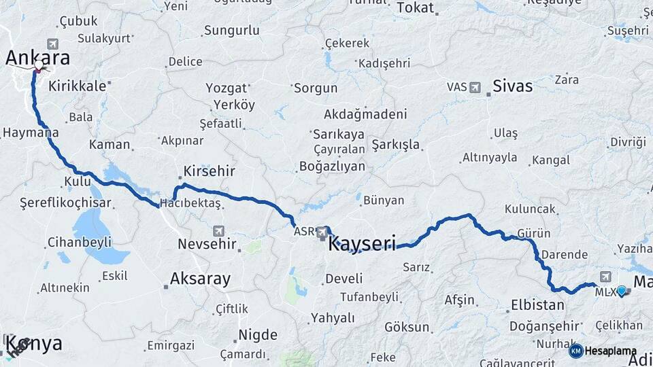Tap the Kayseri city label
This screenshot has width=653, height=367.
[x=362, y=243]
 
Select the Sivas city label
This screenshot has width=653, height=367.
[x=512, y=86]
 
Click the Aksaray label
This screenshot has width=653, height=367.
[x=200, y=279]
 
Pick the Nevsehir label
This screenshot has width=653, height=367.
[x=207, y=243]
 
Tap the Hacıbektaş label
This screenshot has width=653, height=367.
[x=191, y=204]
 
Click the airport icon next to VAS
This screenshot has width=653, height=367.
[x=474, y=87]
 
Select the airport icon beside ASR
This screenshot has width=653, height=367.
[x=322, y=233]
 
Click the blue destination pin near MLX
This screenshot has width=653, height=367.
[x=621, y=291]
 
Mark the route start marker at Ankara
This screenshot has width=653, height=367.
[x=38, y=67]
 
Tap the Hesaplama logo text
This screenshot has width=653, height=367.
[x=611, y=351]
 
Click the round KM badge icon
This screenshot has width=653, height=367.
[x=576, y=351]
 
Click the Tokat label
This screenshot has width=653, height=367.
[x=415, y=8]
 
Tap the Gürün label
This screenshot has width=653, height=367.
[x=534, y=233]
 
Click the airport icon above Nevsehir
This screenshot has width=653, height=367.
[x=218, y=230]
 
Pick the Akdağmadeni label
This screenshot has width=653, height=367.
[x=365, y=114]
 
